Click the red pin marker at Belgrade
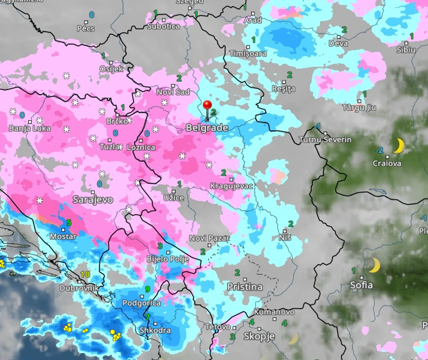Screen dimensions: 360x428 click(x=208, y=106)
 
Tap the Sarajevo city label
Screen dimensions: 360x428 click(x=93, y=200)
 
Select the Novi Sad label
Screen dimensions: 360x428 click(x=173, y=92)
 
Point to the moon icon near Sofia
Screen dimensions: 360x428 click(x=374, y=265)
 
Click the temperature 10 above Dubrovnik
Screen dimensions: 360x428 click(x=85, y=274)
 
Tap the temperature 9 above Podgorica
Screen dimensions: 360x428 click(x=148, y=289)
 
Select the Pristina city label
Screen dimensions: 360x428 click(x=245, y=287)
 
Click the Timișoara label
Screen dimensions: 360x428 click(x=248, y=54)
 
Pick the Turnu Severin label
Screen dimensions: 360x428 click(x=325, y=140)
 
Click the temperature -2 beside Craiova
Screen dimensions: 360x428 click(x=379, y=150)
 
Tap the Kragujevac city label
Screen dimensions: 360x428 click(x=231, y=186)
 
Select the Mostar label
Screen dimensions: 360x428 click(x=63, y=237)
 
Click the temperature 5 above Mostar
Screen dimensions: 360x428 click(x=69, y=223)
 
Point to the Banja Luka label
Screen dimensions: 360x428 click(x=30, y=128)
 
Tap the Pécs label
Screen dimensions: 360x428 click(x=86, y=28)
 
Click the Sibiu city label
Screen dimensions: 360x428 click(x=406, y=50)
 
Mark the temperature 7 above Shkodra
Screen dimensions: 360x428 click(x=147, y=317)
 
